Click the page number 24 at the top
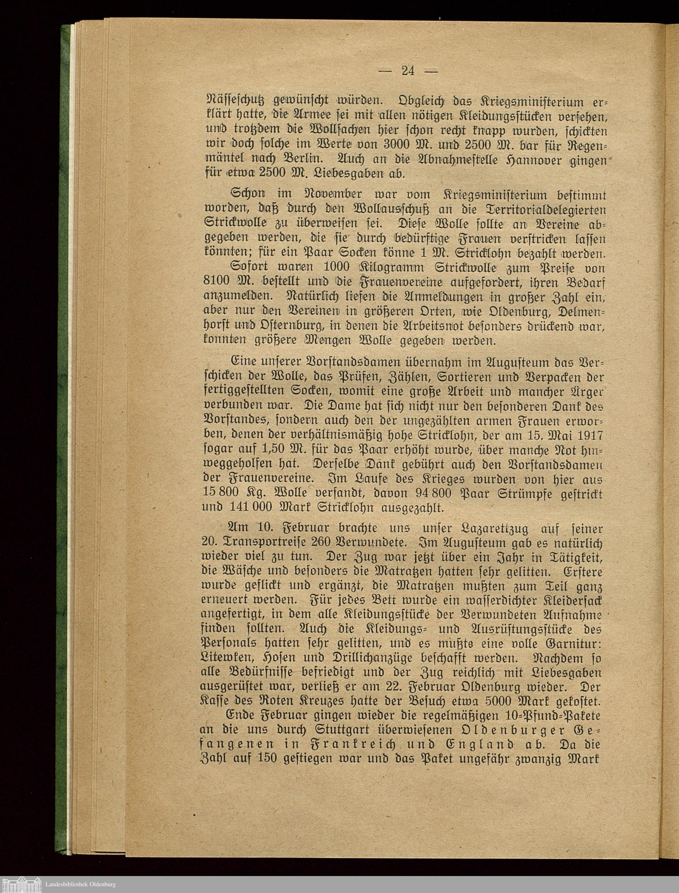coord(408,71)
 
